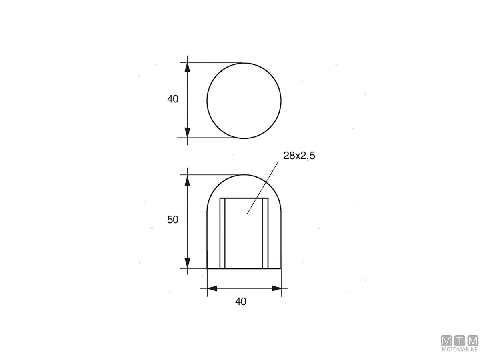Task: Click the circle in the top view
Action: point(207,100)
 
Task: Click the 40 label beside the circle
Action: point(172,99)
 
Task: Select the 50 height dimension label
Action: point(172,220)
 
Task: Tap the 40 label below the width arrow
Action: point(240,302)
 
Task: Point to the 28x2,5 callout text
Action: point(299,156)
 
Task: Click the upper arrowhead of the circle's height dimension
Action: point(187,67)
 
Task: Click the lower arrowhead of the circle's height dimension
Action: point(187,133)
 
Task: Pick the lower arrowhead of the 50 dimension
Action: point(187,263)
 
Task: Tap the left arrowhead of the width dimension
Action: point(212,288)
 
